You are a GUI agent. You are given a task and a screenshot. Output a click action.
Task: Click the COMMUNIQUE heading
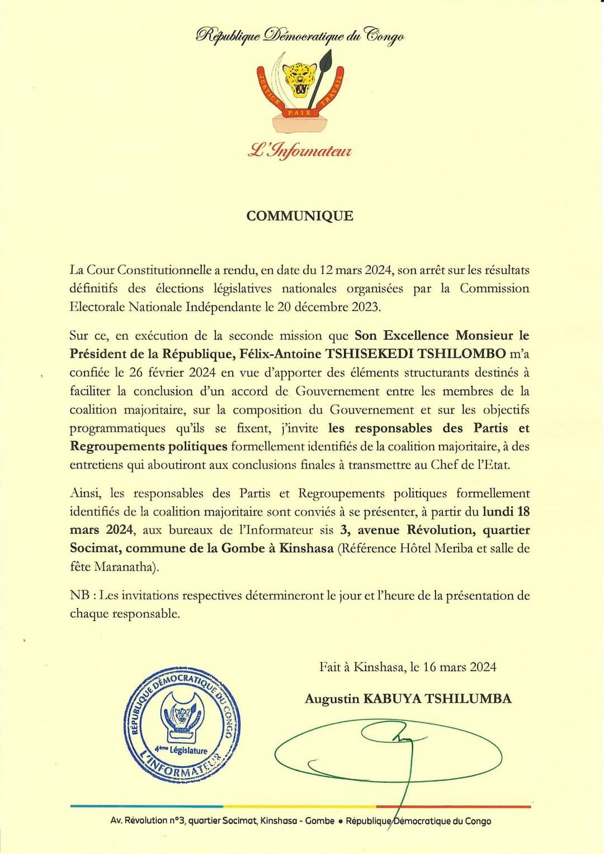click(300, 216)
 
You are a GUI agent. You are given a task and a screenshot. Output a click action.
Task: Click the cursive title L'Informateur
click(300, 151)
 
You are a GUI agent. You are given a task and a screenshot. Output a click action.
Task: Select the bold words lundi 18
click(506, 512)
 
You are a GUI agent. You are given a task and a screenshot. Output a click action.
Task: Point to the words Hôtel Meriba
click(436, 548)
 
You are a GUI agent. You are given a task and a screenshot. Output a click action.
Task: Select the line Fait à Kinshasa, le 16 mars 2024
click(408, 667)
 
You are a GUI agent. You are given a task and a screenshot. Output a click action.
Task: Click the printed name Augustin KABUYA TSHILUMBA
click(408, 698)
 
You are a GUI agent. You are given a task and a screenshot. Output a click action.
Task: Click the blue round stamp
click(182, 726)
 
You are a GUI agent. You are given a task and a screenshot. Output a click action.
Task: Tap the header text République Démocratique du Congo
click(300, 36)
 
